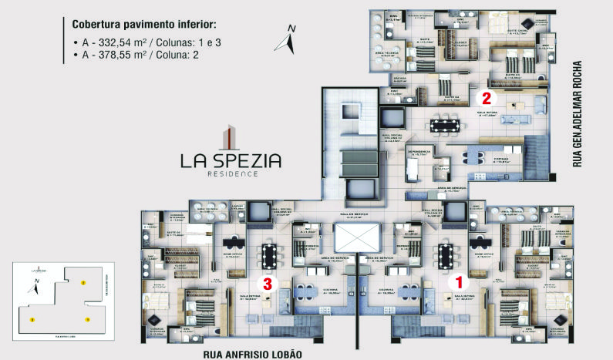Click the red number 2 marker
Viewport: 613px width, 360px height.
pyautogui.click(x=487, y=98)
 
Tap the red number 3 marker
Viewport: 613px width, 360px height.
pyautogui.click(x=268, y=283)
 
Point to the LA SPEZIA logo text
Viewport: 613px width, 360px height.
pyautogui.click(x=231, y=160)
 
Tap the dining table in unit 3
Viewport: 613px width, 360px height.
pyautogui.click(x=269, y=254)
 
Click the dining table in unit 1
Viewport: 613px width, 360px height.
pyautogui.click(x=445, y=254)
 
